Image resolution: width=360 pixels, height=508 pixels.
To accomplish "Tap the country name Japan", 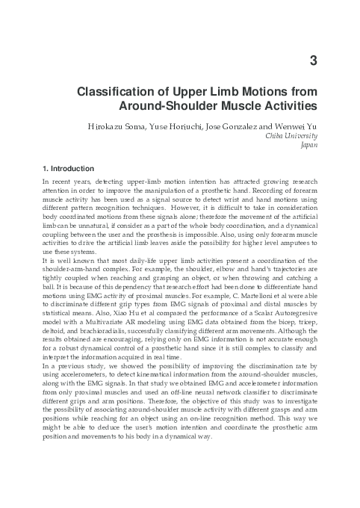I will pos(309,148).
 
